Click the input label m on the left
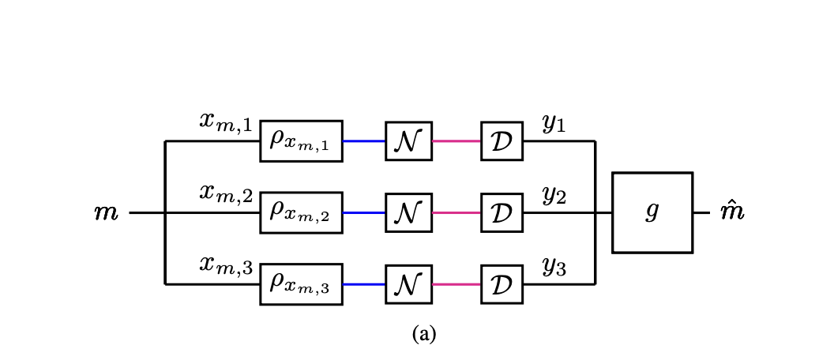coord(106,213)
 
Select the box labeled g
coord(652,212)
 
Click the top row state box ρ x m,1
coord(301,141)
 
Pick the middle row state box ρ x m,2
coord(301,212)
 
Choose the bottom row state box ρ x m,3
coord(301,284)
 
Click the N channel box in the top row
coord(408,141)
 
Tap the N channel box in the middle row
coord(408,212)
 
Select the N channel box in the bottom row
coord(408,284)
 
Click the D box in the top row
coord(502,141)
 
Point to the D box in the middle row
coord(502,212)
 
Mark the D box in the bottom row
coord(502,284)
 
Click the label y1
coord(554,123)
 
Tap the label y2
coord(554,195)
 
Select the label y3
coord(554,267)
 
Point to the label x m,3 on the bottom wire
coord(225,266)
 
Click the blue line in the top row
coord(364,141)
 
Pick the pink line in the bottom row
coord(456,284)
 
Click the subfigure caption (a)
coord(423,334)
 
